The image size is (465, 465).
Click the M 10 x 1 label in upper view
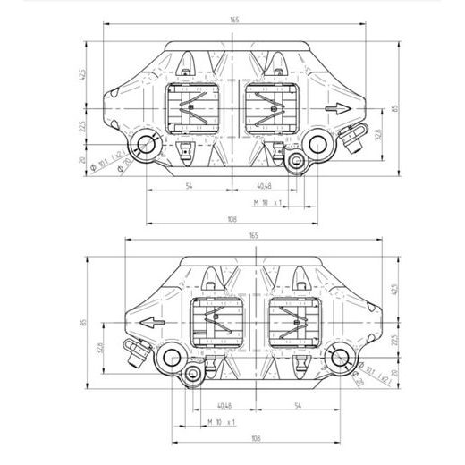point(268,203)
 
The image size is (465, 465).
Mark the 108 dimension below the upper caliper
point(231,219)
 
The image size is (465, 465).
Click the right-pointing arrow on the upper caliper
point(337,108)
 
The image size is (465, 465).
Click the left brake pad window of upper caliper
point(190,113)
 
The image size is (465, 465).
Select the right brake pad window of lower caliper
point(292,325)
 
